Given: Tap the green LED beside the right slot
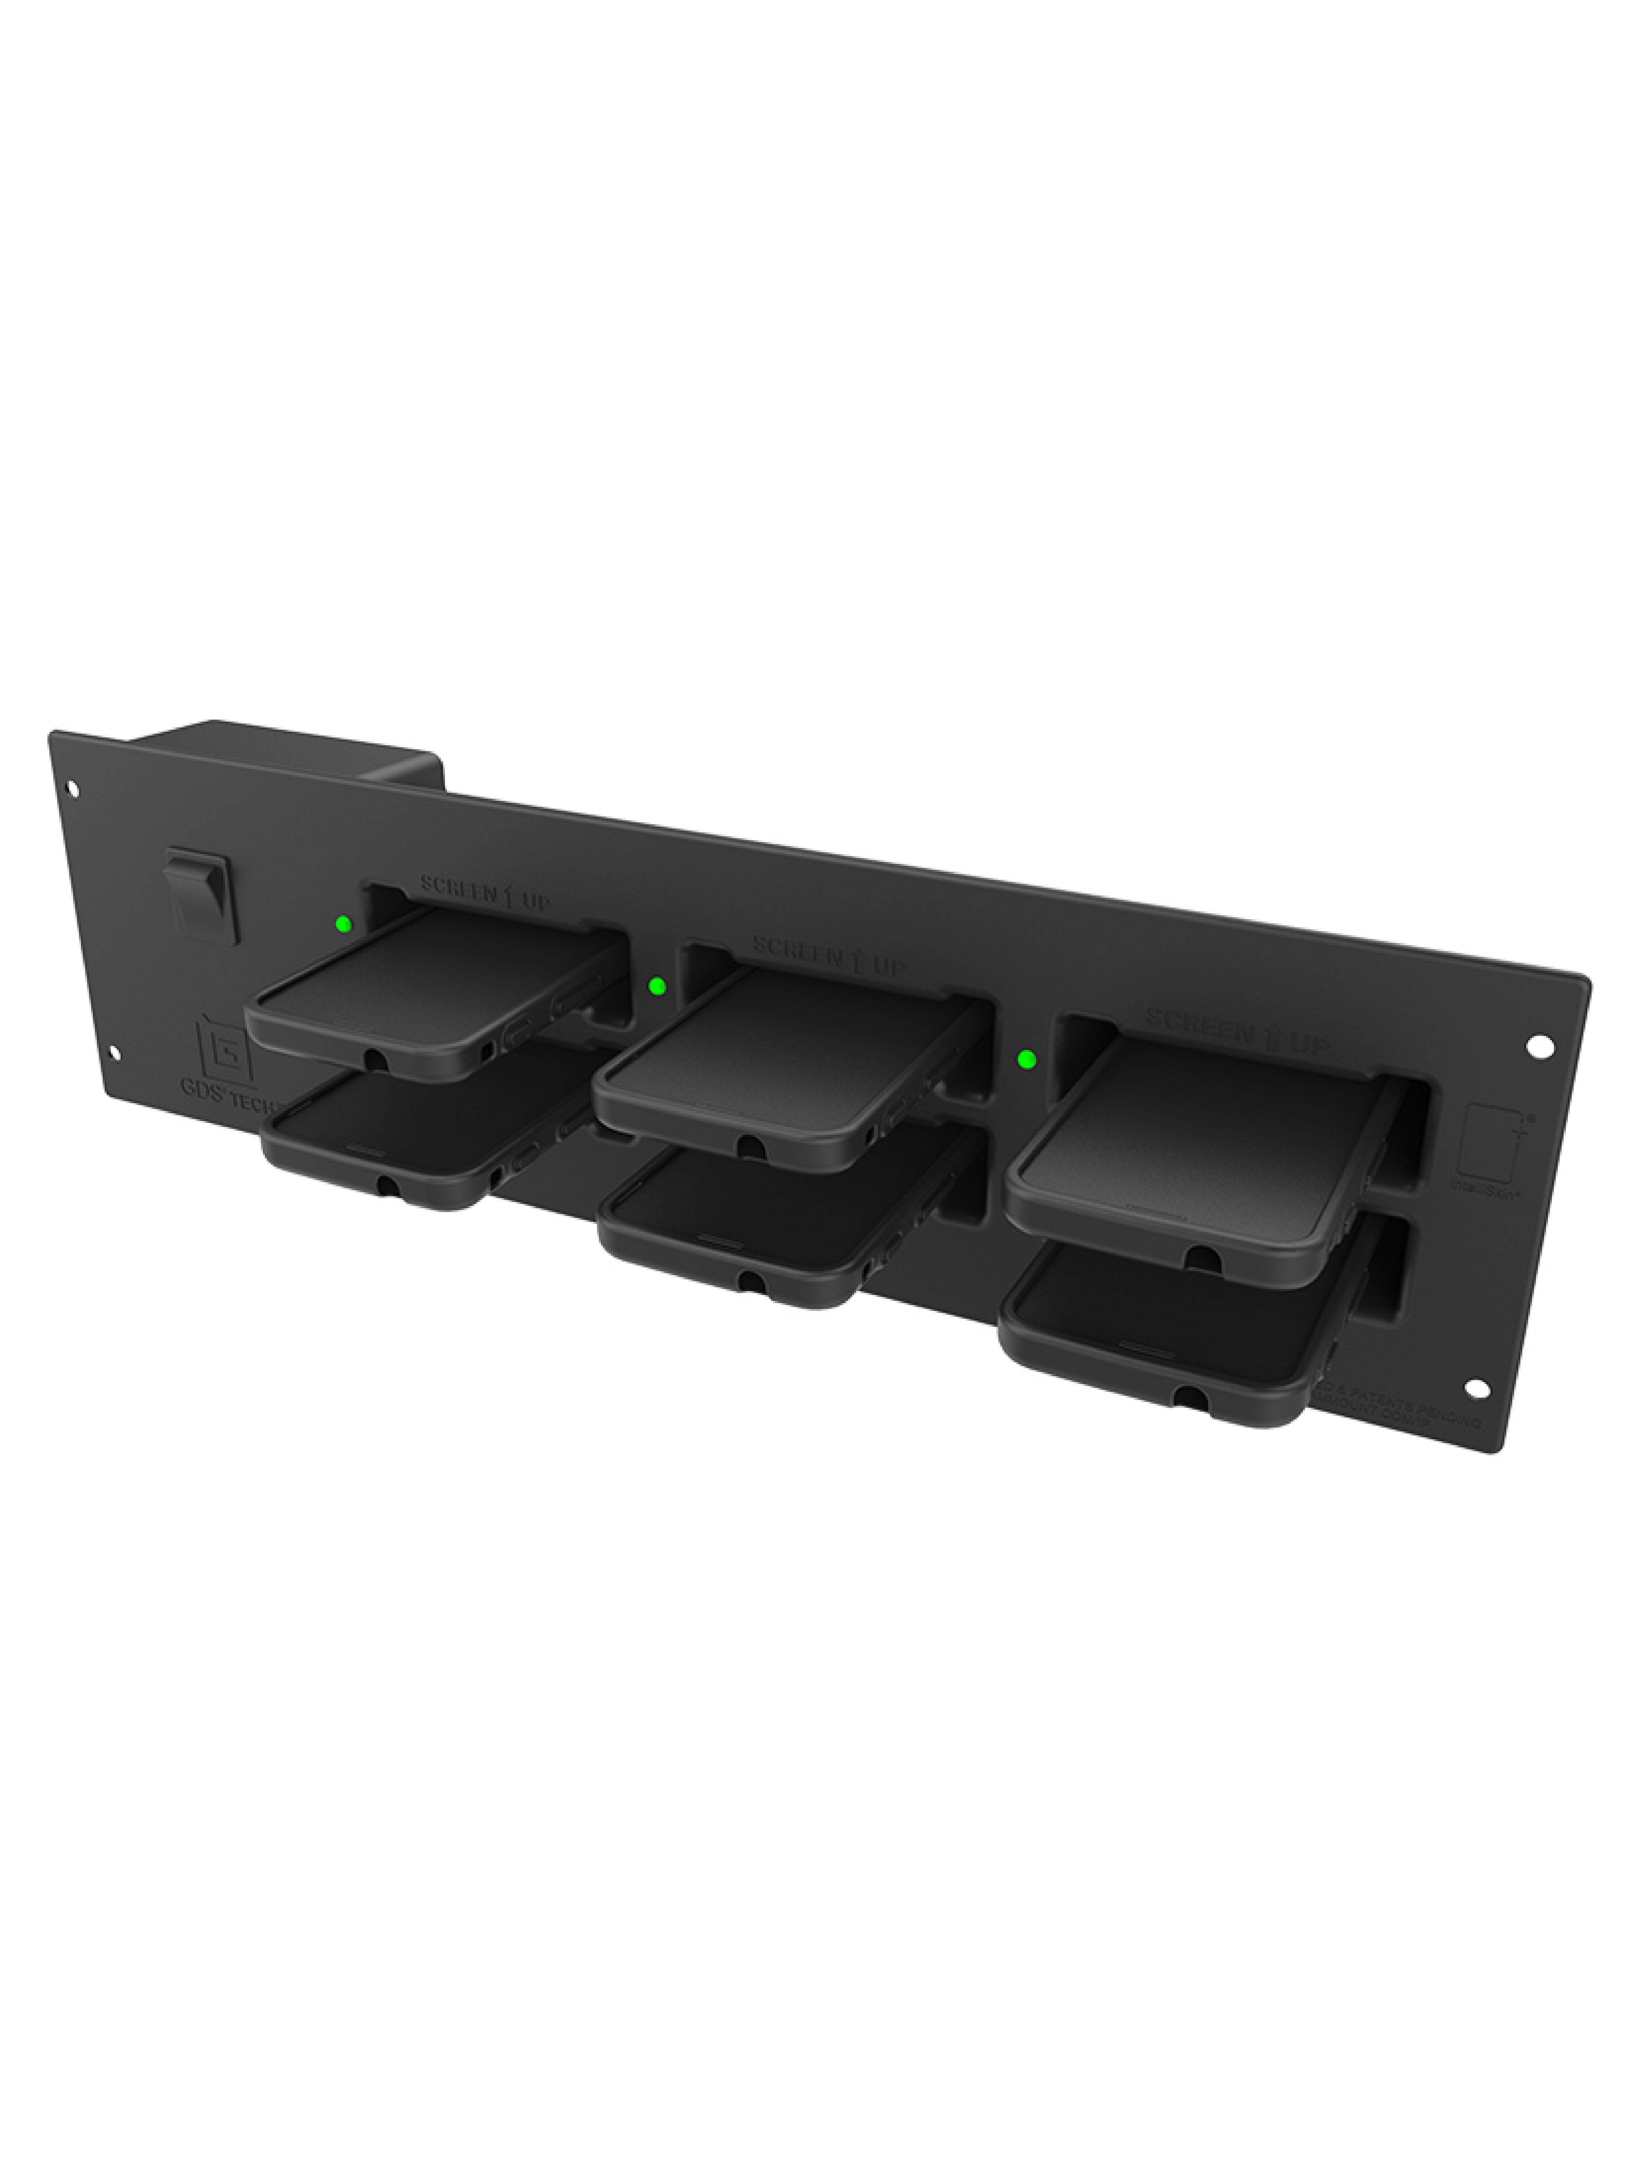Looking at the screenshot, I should tap(1027, 1059).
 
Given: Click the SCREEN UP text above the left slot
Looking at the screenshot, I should tap(485, 893).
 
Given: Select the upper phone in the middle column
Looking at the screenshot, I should tap(774, 1063).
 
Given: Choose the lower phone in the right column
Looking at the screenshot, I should tap(1165, 1332).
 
